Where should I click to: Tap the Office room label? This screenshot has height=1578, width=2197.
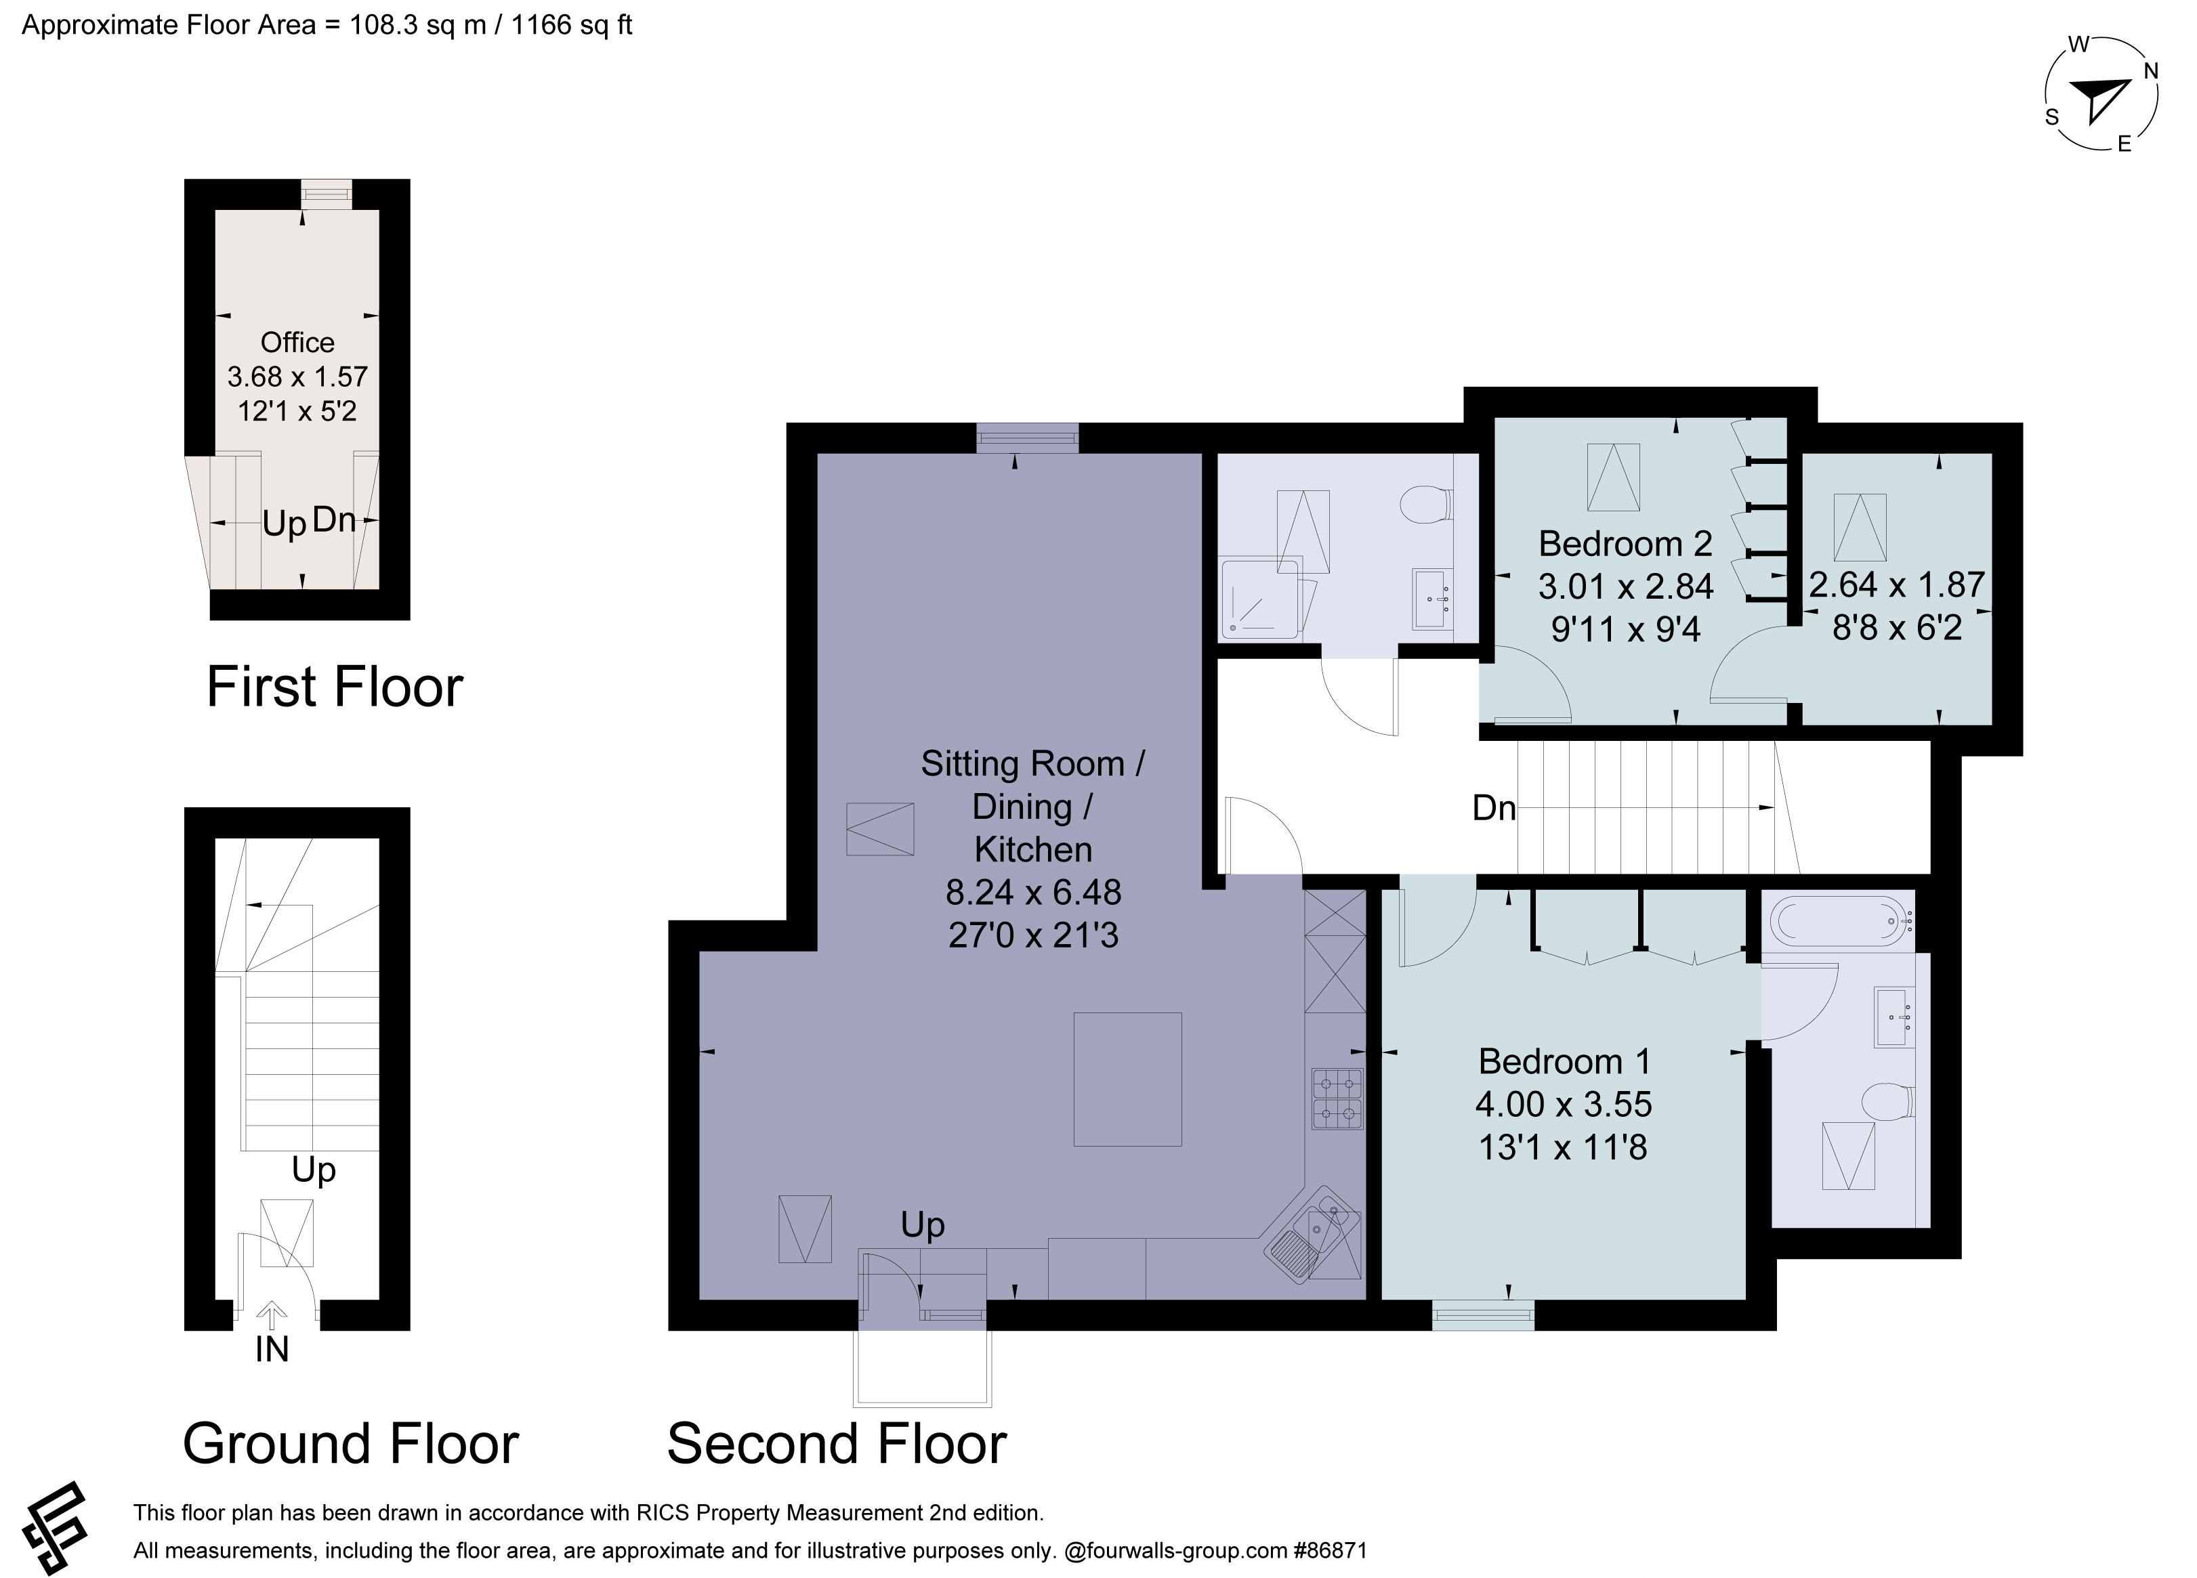pos(297,342)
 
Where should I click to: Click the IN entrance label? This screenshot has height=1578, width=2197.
pos(272,1349)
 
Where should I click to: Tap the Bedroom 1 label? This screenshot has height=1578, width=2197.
pos(1564,1062)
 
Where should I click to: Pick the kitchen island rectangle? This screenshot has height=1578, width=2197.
pos(1127,1079)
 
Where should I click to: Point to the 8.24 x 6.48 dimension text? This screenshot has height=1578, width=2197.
pos(1034,892)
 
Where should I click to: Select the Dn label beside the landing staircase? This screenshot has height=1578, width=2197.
pos(1494,808)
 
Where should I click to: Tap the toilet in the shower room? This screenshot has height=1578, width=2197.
pos(1426,505)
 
